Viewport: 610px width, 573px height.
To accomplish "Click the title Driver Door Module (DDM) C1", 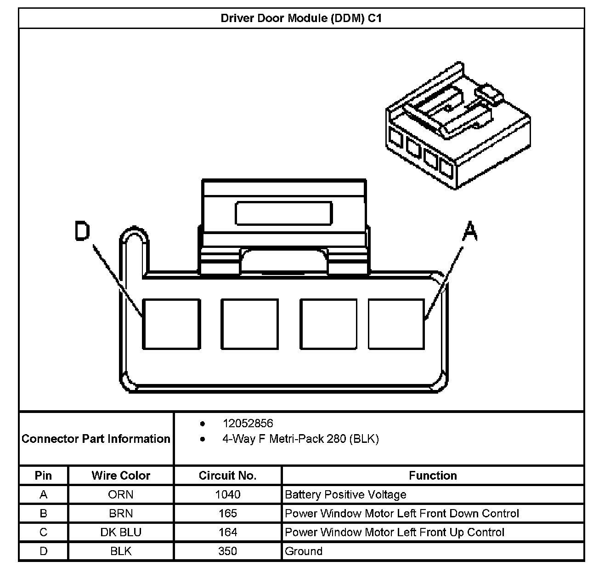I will (x=301, y=18).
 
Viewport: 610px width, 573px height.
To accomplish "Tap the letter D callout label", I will (x=83, y=231).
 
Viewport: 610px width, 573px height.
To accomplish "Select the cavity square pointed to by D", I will (x=171, y=324).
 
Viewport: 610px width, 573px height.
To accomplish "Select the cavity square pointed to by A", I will (x=396, y=324).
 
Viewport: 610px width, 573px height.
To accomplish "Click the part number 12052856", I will (x=248, y=423).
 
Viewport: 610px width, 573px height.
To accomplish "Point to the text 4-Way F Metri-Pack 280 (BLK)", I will (x=300, y=439).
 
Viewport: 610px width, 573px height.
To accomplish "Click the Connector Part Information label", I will (x=96, y=439).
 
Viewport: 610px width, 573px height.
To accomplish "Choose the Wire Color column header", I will (x=121, y=476).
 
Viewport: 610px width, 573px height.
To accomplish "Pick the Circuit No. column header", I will (x=227, y=476).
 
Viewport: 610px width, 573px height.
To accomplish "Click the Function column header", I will (x=433, y=476).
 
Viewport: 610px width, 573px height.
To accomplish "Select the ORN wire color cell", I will (x=121, y=494).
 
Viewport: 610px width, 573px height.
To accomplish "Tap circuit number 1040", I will (x=227, y=494).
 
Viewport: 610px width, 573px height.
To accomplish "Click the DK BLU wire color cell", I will (x=121, y=532).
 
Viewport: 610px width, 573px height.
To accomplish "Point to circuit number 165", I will (x=227, y=513).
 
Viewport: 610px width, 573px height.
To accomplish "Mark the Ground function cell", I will (x=304, y=551).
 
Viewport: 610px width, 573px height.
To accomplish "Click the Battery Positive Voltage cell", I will (x=345, y=494).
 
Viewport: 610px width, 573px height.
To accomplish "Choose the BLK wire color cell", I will (x=121, y=551).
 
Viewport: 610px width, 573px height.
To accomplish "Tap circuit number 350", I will (x=227, y=551).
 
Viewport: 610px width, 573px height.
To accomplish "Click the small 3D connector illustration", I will (x=457, y=126).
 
